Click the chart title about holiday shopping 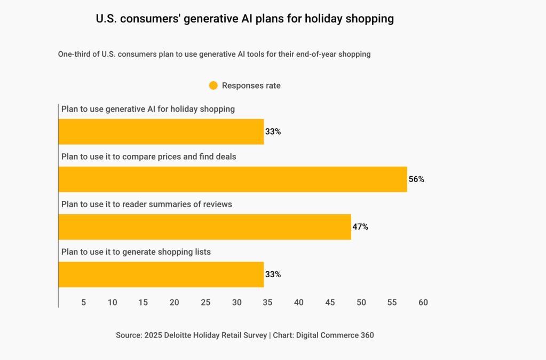[x=244, y=19]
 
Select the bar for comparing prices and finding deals [x=232, y=179]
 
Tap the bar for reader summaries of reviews [x=204, y=227]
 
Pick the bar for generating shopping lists [x=161, y=275]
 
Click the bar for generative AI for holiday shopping [x=161, y=132]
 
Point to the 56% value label [x=416, y=179]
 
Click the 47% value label [x=360, y=227]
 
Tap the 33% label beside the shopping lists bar [x=273, y=275]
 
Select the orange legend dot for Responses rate [x=213, y=85]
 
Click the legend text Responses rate [x=251, y=85]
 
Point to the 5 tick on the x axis [x=84, y=302]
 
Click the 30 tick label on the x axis [x=236, y=302]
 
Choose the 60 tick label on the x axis [x=423, y=302]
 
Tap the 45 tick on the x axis [x=330, y=302]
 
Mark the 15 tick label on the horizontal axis [x=143, y=302]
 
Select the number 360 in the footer [x=366, y=335]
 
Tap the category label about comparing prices [x=148, y=157]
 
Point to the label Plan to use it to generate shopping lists [x=136, y=252]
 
